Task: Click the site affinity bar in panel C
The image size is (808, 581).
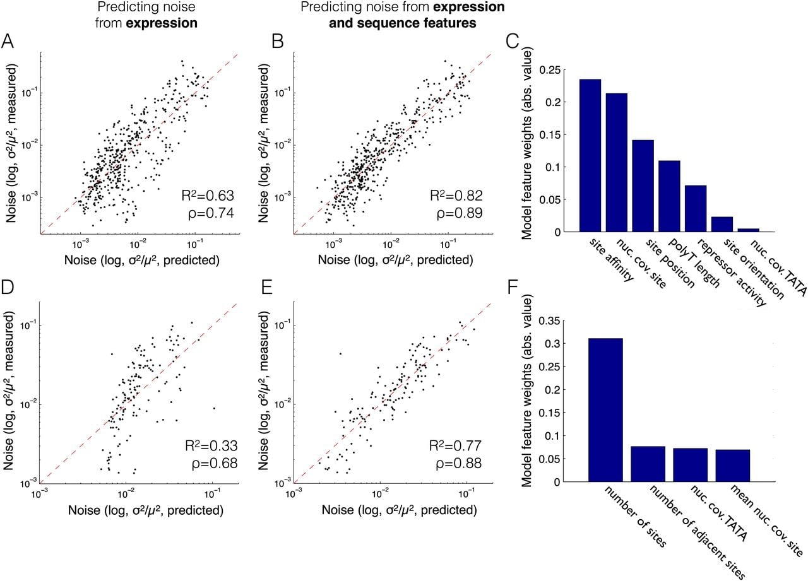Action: click(590, 155)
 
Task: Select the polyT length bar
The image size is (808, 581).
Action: click(670, 196)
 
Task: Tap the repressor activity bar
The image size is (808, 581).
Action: click(696, 209)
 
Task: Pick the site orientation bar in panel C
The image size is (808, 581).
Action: click(722, 224)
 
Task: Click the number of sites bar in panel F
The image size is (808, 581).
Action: click(605, 410)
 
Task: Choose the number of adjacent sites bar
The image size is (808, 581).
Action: click(648, 464)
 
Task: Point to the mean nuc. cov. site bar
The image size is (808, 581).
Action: click(733, 466)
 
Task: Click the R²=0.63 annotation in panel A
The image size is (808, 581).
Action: click(208, 196)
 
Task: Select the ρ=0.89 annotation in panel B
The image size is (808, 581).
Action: click(460, 213)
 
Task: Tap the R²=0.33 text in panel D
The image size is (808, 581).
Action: click(211, 446)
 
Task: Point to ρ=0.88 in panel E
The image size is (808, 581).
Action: click(459, 464)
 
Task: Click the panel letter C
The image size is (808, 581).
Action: click(513, 42)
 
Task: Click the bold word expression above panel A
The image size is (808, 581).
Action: click(162, 23)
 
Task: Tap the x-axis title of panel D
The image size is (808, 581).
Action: click(146, 510)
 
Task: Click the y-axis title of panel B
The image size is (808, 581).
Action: click(264, 143)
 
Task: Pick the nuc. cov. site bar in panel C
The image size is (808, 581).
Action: click(617, 163)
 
